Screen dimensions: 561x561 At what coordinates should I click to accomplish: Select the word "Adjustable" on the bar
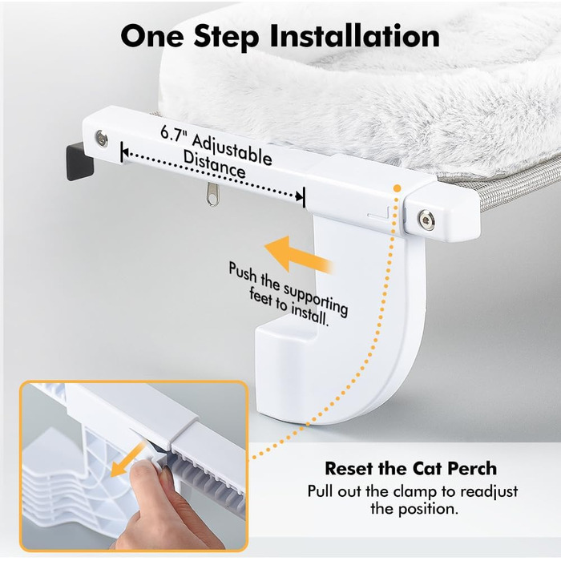pos(232,151)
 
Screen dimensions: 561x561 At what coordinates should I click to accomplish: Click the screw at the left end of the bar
pos(101,138)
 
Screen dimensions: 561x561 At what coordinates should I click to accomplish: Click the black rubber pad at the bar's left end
pos(79,161)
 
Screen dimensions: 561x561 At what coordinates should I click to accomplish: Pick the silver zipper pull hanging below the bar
pos(212,195)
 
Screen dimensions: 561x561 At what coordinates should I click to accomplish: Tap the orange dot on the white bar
pos(398,188)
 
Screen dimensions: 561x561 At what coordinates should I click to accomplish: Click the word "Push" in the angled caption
pos(243,274)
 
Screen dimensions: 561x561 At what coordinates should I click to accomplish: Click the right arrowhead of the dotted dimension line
pos(299,196)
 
